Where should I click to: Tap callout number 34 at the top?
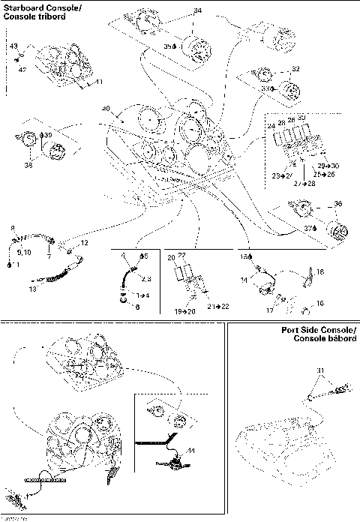click(197, 10)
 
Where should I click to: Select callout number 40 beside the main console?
click(106, 109)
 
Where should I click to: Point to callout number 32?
click(295, 69)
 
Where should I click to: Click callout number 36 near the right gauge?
click(337, 204)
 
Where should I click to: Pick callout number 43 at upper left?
click(13, 46)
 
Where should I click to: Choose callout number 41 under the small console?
click(98, 81)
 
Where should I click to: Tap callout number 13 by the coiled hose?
click(31, 289)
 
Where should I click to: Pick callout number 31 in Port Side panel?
click(320, 370)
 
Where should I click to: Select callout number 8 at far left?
click(12, 227)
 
